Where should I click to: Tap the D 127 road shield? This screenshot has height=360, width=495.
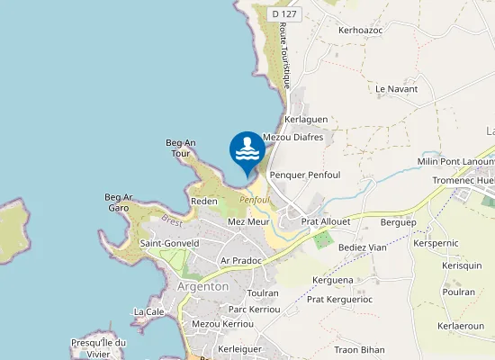pos(284,13)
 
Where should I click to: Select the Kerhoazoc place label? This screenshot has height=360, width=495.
pos(360,30)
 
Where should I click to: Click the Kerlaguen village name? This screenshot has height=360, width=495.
pos(306,119)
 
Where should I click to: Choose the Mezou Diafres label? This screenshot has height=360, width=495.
pos(292,137)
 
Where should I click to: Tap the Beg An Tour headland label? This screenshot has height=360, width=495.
pos(181,148)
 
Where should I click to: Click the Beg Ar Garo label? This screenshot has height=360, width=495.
pos(119,202)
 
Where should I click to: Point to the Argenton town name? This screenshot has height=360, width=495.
pos(203,286)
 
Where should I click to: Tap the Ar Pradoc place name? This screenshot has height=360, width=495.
pos(240,260)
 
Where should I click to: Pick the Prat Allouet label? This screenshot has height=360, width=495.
pos(325,220)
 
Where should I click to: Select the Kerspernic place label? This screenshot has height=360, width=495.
pos(436,244)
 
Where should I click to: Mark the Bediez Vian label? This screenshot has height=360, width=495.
pos(362,247)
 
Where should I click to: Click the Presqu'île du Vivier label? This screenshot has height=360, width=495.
pos(99,346)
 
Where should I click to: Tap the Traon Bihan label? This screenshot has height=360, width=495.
pos(359,349)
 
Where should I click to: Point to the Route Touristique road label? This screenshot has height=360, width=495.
pos(285,56)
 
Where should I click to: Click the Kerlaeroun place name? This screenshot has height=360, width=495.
pos(460,326)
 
